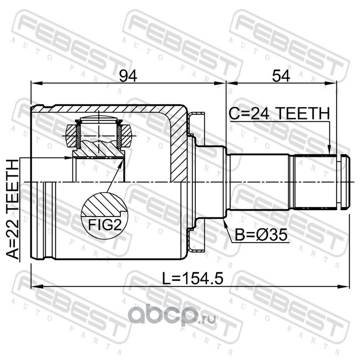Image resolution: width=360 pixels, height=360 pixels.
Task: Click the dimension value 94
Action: click(x=128, y=76)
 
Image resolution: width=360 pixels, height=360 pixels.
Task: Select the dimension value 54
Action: click(x=281, y=76)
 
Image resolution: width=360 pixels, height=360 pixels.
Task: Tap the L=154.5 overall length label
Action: click(x=193, y=278)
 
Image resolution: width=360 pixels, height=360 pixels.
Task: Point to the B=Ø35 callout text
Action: click(x=261, y=235)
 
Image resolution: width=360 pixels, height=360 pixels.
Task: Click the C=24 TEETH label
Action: click(x=279, y=114)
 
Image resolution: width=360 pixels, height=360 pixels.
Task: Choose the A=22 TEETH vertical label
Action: click(x=13, y=209)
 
